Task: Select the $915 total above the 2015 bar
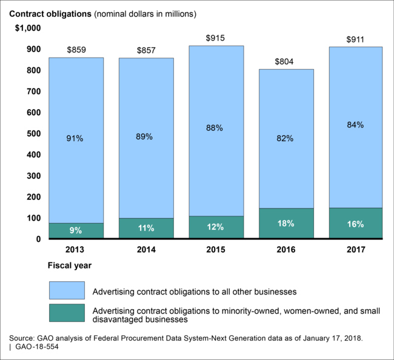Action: pos(216,38)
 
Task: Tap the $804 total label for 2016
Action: pos(286,61)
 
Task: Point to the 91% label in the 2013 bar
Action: pos(76,138)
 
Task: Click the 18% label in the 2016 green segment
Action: pos(286,224)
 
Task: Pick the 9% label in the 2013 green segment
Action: pos(76,230)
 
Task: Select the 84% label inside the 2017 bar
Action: pos(356,125)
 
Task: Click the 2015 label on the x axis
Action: pos(216,249)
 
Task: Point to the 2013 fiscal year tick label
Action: pos(76,249)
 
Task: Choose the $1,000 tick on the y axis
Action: pos(26,28)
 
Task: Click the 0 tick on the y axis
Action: pos(38,239)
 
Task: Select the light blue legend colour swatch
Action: pos(66,291)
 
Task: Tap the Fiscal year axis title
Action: pos(69,265)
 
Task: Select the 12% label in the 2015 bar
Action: pos(216,227)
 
